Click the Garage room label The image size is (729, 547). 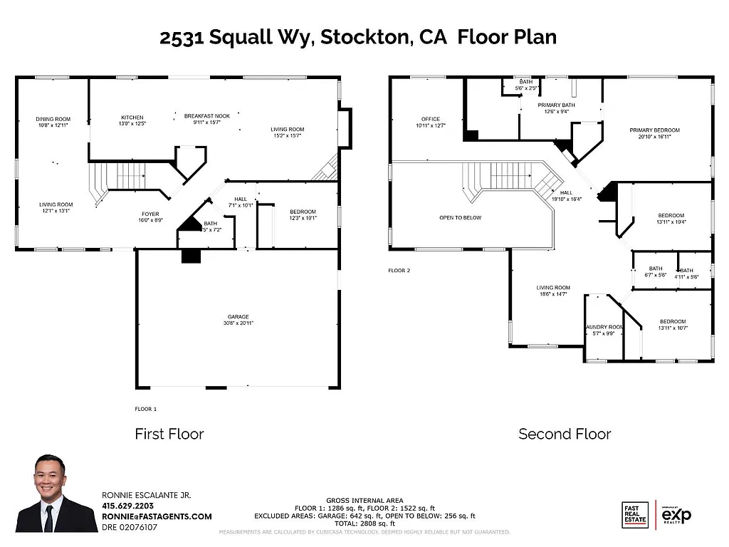click(x=238, y=317)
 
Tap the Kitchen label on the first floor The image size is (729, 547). click(x=132, y=118)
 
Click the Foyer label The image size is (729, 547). click(x=150, y=214)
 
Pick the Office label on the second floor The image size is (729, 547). click(x=430, y=119)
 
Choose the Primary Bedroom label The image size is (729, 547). click(x=654, y=130)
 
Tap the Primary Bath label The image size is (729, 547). click(x=556, y=105)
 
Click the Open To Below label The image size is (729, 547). click(x=460, y=217)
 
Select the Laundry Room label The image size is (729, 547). click(x=604, y=327)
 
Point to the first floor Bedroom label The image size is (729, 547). click(x=303, y=212)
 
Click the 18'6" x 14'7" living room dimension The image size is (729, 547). click(x=553, y=294)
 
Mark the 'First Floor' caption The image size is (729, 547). click(x=169, y=434)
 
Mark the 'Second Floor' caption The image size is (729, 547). click(x=565, y=434)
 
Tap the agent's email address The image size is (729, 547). click(x=157, y=516)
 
